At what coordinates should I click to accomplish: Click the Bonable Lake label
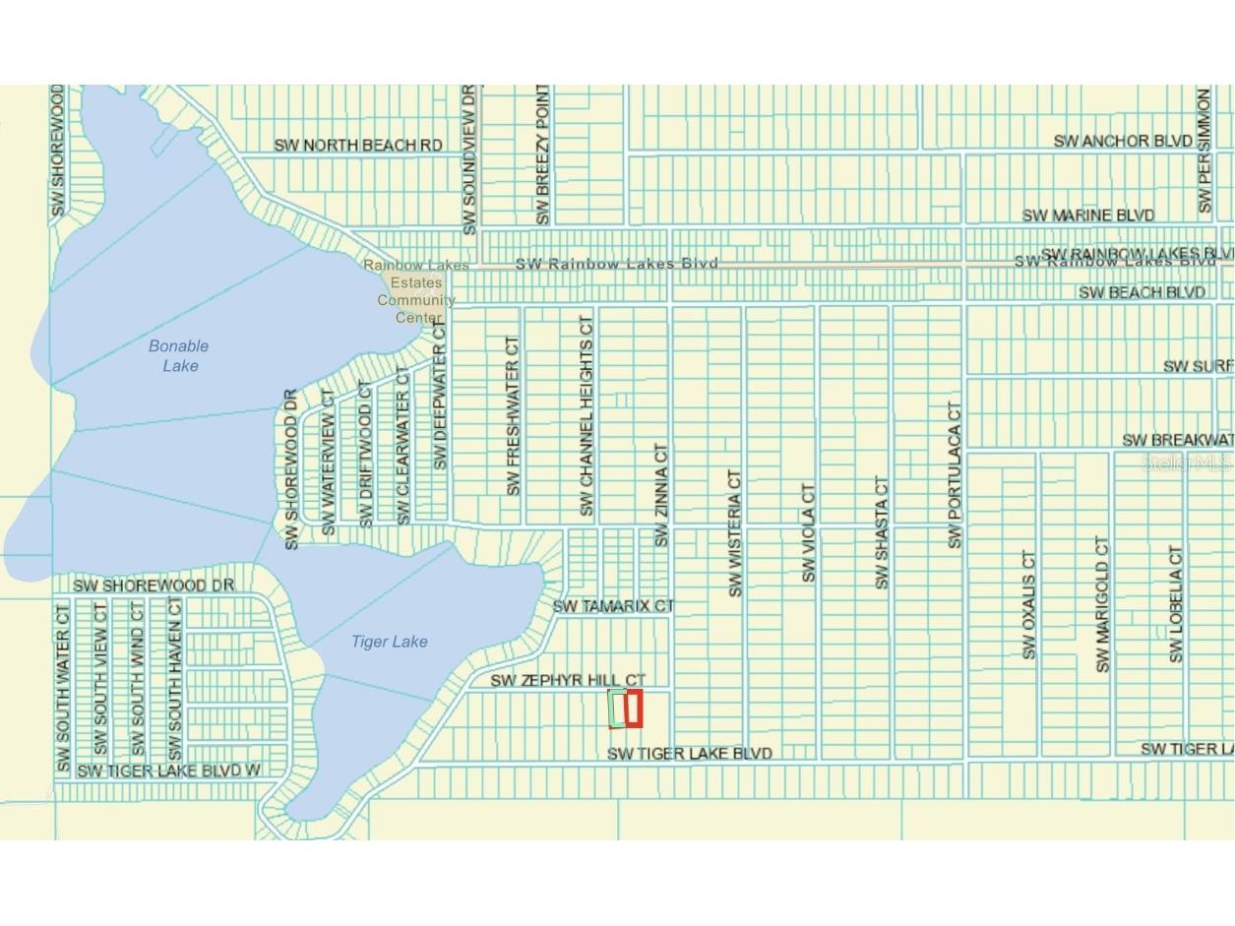(x=179, y=355)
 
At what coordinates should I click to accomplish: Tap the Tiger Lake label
(x=390, y=642)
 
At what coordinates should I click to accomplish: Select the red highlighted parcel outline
(x=635, y=709)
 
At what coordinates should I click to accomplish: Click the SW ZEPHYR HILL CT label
(x=568, y=680)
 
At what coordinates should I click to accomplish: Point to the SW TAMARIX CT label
(x=613, y=606)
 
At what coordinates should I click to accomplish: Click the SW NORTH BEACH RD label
(x=358, y=146)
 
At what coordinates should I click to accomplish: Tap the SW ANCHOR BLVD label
(x=1123, y=141)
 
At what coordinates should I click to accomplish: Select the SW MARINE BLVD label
(x=1087, y=215)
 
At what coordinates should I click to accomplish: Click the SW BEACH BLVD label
(x=1142, y=292)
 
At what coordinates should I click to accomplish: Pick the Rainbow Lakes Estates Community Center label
(x=416, y=291)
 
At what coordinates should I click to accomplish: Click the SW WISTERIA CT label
(x=735, y=532)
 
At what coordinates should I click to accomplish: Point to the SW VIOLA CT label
(x=809, y=532)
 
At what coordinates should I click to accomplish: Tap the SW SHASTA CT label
(x=882, y=532)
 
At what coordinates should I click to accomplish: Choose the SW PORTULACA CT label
(x=955, y=474)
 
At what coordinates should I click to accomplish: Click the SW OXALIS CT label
(x=1029, y=604)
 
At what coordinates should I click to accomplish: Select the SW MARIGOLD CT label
(x=1102, y=604)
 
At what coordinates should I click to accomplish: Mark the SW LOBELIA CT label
(x=1176, y=604)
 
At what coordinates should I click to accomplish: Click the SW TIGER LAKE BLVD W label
(x=168, y=771)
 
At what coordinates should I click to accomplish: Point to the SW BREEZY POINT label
(x=542, y=154)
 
